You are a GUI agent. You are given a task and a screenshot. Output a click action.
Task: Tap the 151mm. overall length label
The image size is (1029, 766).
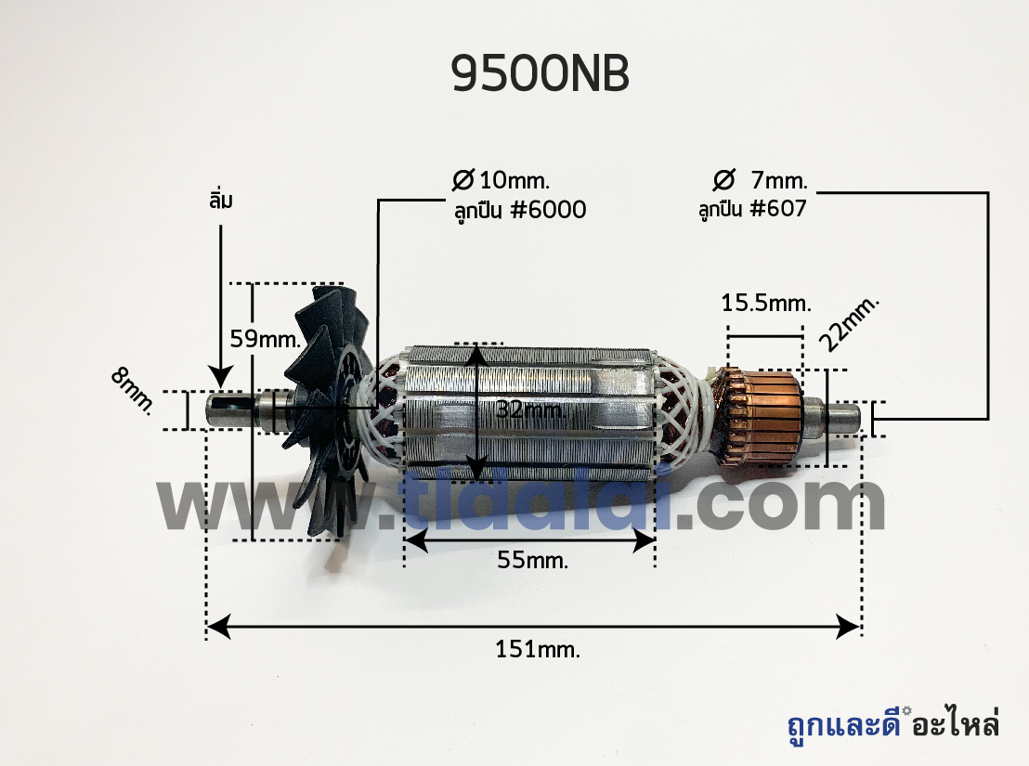coord(538,649)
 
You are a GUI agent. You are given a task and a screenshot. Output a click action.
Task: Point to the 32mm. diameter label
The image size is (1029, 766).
coord(529,409)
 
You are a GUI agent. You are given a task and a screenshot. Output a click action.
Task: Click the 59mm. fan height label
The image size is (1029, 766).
coord(265,338)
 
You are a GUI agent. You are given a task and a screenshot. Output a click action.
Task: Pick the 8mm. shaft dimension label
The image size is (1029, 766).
coord(133,391)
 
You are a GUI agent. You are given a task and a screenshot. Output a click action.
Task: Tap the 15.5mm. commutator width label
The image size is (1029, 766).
coord(766,303)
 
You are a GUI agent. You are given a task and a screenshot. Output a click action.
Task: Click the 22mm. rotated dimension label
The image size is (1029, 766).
coord(849,324)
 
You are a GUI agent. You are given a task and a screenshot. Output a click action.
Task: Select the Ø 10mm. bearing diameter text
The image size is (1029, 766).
coord(501,180)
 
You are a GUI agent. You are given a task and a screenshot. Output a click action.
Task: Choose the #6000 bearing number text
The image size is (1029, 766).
coord(548,210)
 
